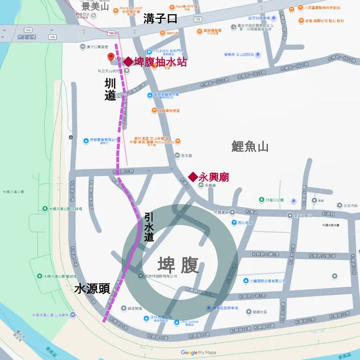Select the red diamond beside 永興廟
(x=193, y=177)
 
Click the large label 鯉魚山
(x=250, y=146)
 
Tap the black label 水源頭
(x=92, y=288)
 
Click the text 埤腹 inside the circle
(x=178, y=266)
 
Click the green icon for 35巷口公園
(x=262, y=200)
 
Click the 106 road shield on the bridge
(x=52, y=36)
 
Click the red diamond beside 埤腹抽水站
(x=127, y=62)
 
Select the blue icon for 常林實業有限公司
(x=86, y=139)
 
